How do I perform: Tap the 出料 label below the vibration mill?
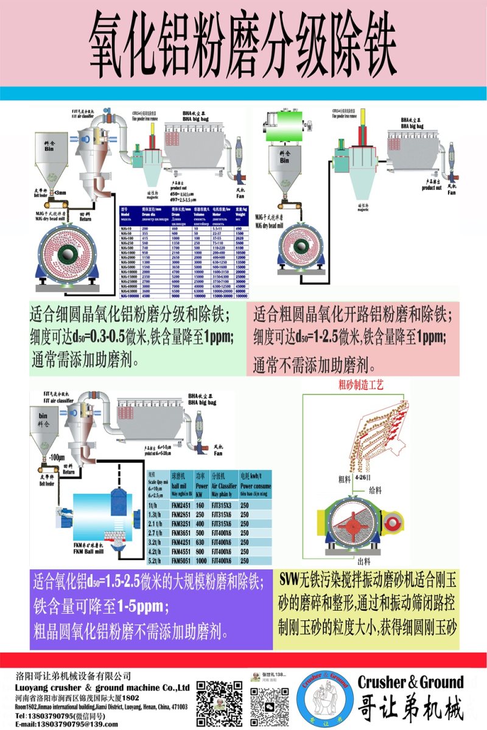coord(363,561)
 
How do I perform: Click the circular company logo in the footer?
coord(326,700)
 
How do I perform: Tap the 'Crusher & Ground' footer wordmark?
coord(410,682)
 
